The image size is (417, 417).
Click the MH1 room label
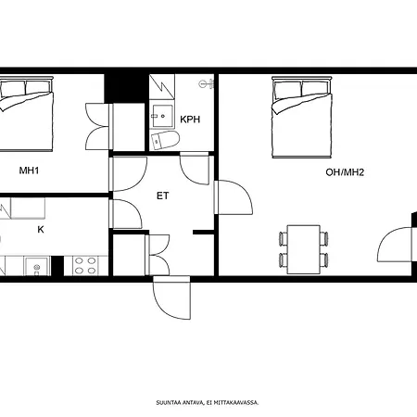[x=29, y=171]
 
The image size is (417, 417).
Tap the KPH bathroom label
[x=190, y=120]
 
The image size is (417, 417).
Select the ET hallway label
[x=163, y=196]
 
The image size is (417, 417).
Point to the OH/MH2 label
[x=345, y=172]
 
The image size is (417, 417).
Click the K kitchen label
[x=41, y=230]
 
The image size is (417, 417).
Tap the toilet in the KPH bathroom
[x=165, y=140]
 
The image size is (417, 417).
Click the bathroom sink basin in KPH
[x=162, y=116]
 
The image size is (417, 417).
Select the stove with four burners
[x=85, y=266]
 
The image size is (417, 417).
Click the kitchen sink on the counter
[x=37, y=266]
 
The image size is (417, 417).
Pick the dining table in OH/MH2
[x=304, y=249]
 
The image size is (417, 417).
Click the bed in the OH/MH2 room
[x=302, y=118]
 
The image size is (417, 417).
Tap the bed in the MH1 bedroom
[x=26, y=114]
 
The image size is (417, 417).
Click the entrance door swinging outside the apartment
[x=171, y=297]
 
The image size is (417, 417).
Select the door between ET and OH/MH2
[x=234, y=197]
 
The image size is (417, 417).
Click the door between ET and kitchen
[x=125, y=214]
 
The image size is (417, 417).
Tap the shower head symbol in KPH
[x=206, y=83]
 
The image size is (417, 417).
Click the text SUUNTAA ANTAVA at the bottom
[x=180, y=403]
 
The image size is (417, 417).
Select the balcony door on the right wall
[x=396, y=245]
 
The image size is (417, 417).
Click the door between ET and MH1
[x=128, y=174]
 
